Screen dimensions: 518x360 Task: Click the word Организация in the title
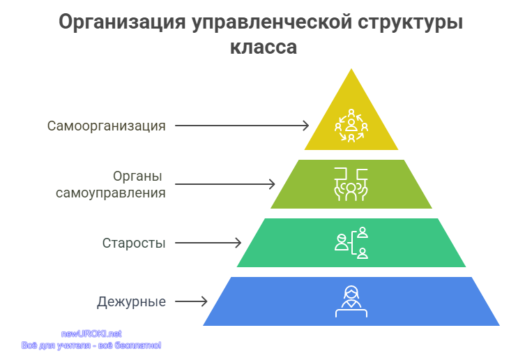pos(122,23)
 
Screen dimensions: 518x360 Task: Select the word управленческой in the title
pos(272,23)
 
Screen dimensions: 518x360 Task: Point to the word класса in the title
pos(264,47)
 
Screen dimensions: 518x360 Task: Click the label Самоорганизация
pos(107,126)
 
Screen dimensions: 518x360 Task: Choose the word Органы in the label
pos(137,177)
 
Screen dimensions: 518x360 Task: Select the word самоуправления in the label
pos(111,193)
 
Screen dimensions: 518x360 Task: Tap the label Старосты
pos(134,243)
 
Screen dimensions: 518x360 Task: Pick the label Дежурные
pos(132,302)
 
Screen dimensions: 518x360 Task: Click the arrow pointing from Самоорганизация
pos(242,126)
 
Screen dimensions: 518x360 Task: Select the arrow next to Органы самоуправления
pos(225,184)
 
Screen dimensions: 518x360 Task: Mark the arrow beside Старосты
pos(208,243)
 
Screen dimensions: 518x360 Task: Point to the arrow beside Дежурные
pos(191,301)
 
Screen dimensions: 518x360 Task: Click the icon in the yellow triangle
pos(351,126)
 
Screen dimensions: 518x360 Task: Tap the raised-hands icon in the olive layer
pos(351,184)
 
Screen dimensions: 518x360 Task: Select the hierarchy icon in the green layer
pos(351,243)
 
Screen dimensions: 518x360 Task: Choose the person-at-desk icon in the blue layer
pos(351,301)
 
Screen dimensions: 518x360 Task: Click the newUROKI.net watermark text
pos(91,334)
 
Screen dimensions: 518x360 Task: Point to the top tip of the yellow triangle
pos(351,69)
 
